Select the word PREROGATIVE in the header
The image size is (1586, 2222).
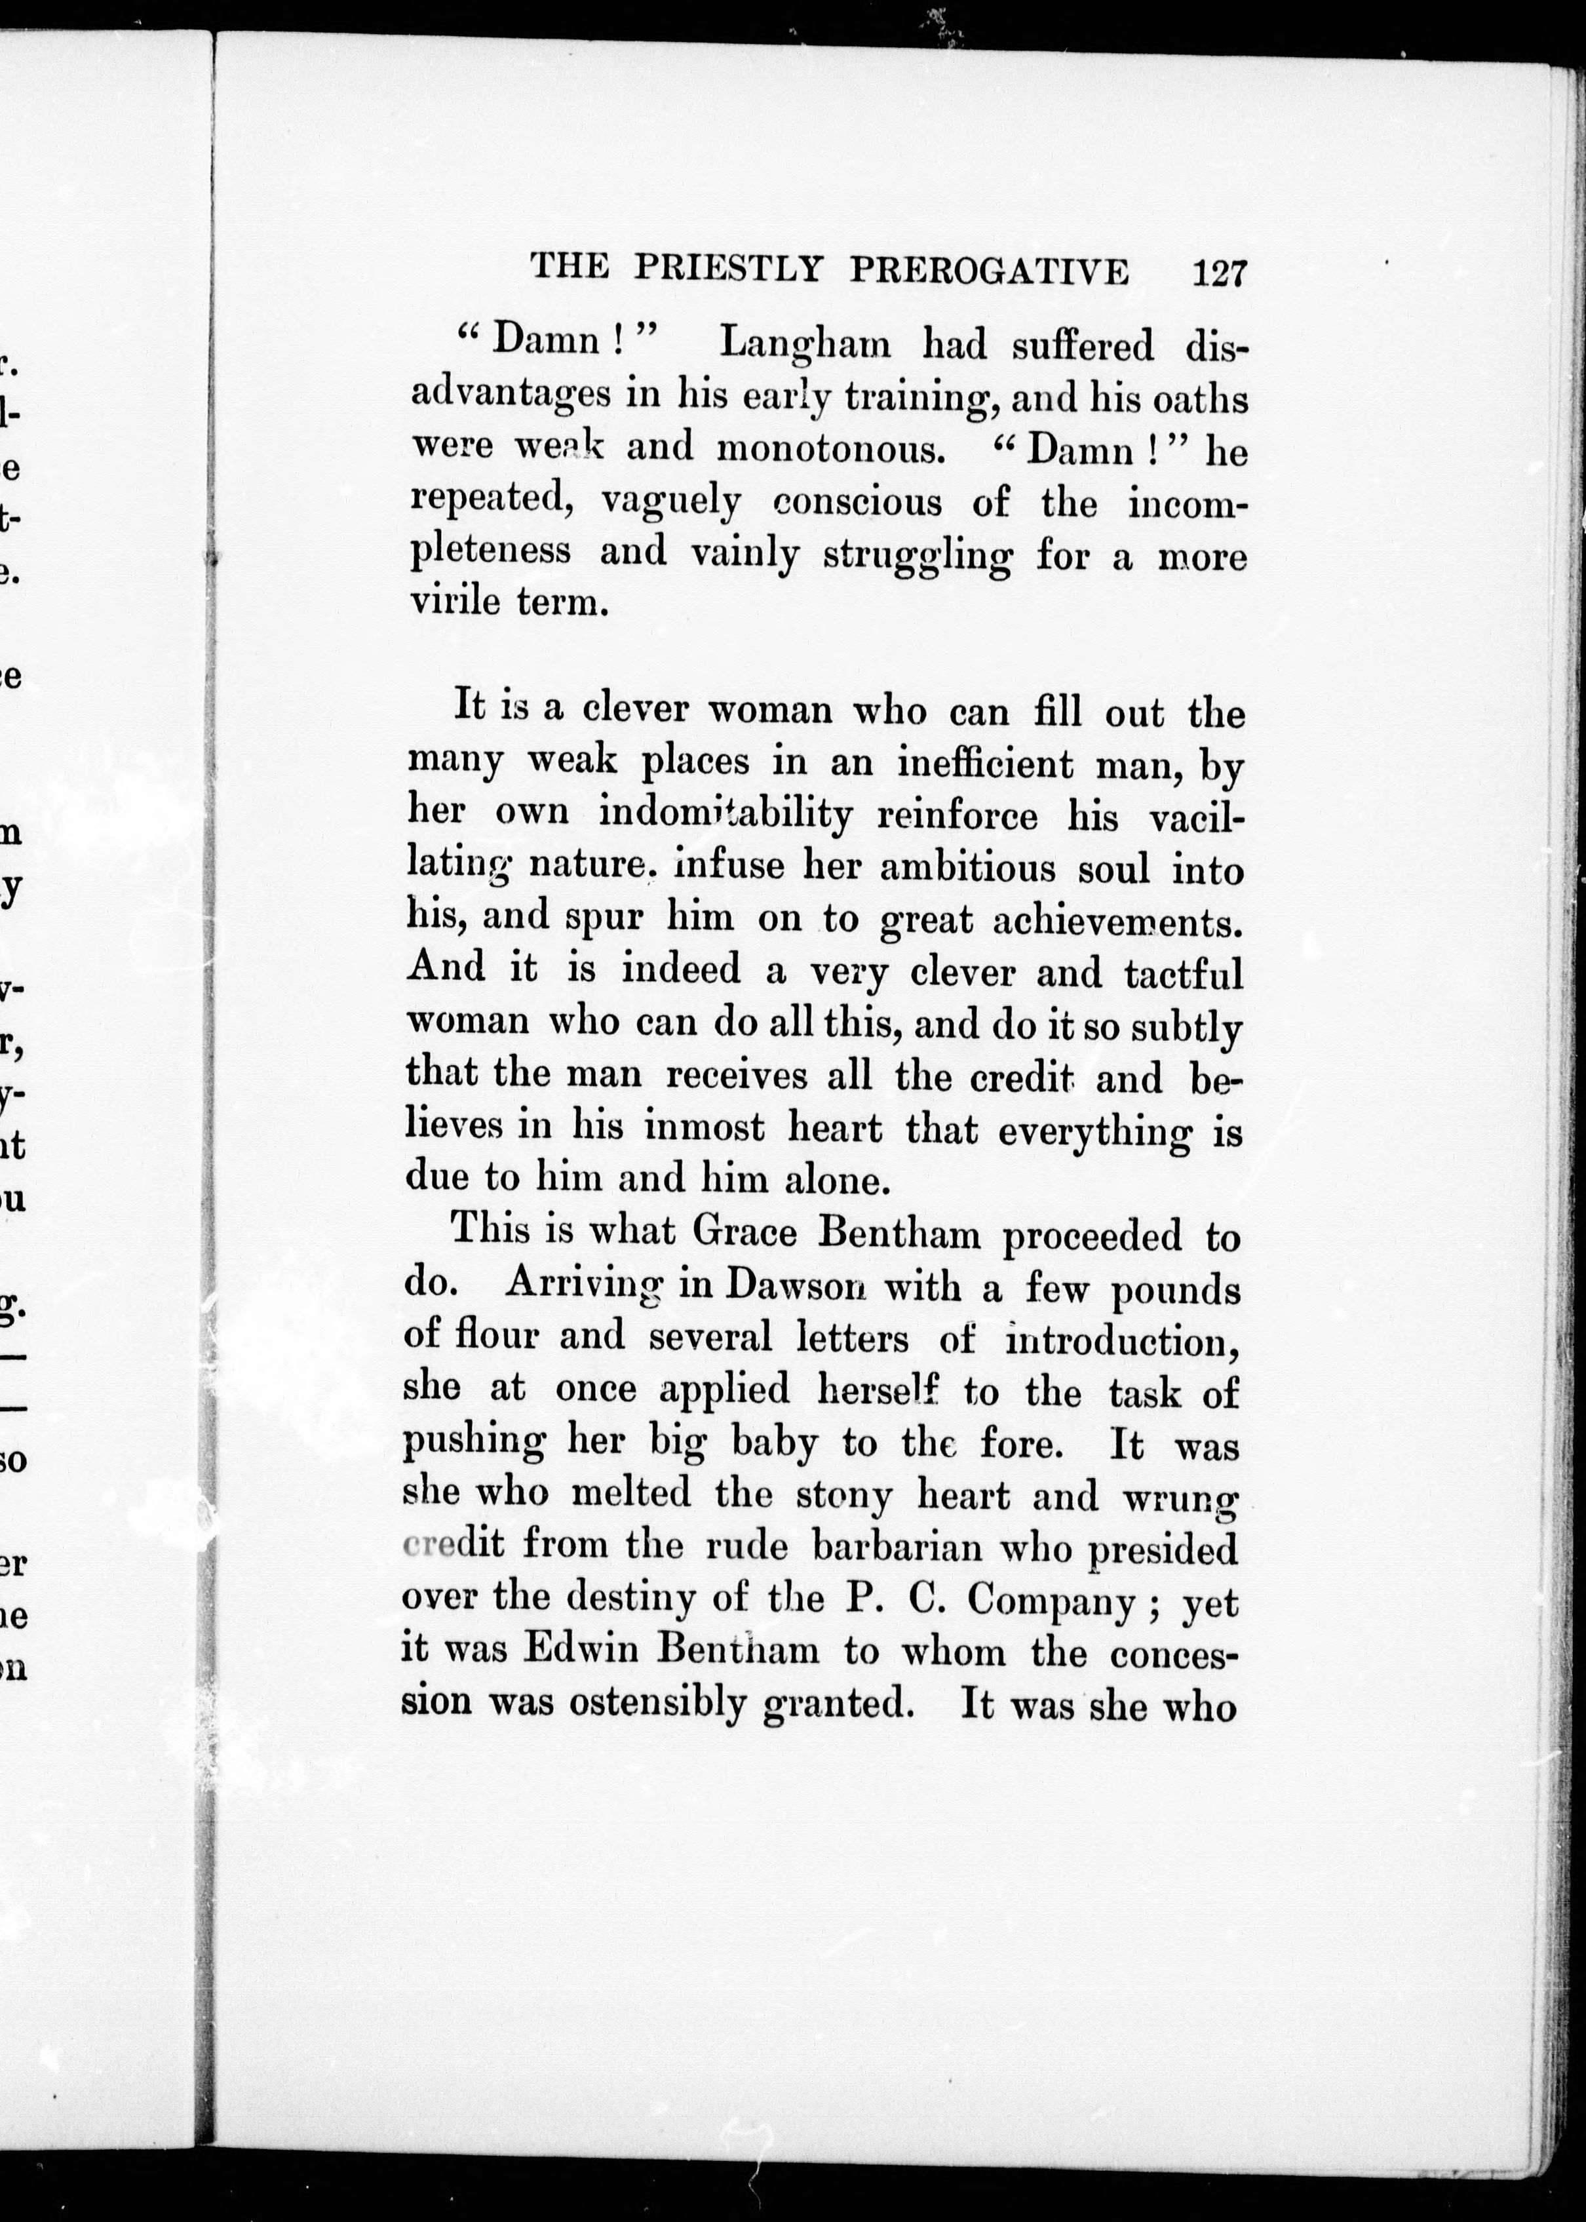coord(990,271)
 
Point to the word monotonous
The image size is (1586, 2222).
coord(831,448)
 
